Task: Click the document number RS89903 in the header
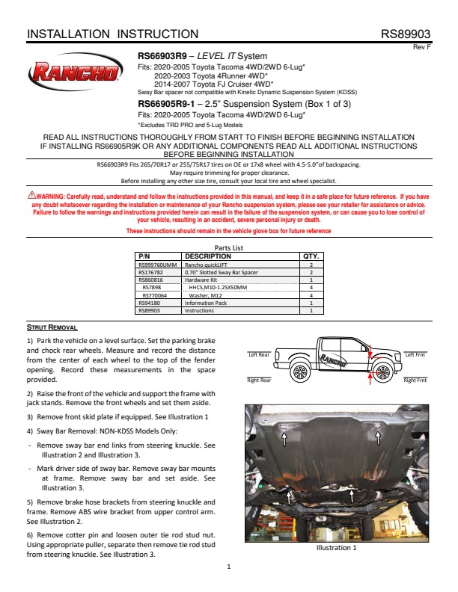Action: click(x=405, y=34)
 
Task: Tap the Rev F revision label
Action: click(x=422, y=47)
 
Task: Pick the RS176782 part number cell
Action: click(x=153, y=273)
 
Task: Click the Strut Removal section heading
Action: click(x=52, y=327)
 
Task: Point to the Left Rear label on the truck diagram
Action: click(x=259, y=354)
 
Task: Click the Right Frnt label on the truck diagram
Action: click(x=415, y=380)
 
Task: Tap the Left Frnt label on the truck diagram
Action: click(x=415, y=354)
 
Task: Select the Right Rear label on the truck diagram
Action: click(x=259, y=380)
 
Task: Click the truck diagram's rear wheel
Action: click(x=300, y=371)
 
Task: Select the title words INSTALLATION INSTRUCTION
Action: click(x=112, y=34)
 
